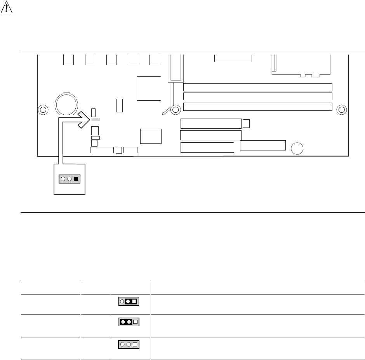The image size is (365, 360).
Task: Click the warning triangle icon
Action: (6, 8)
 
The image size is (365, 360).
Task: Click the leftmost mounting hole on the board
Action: (43, 110)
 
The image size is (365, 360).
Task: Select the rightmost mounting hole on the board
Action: (341, 110)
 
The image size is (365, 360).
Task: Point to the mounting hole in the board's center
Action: (176, 110)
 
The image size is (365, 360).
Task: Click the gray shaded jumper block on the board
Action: (96, 119)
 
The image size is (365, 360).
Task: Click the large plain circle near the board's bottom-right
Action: (297, 148)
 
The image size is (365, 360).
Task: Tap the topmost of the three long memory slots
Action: (257, 87)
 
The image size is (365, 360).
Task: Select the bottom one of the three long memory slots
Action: (257, 106)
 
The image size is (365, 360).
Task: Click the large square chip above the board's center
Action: (149, 88)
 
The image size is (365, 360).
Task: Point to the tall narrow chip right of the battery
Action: (120, 105)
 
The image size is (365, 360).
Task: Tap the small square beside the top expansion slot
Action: (246, 124)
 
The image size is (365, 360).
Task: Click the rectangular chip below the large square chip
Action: (151, 136)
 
